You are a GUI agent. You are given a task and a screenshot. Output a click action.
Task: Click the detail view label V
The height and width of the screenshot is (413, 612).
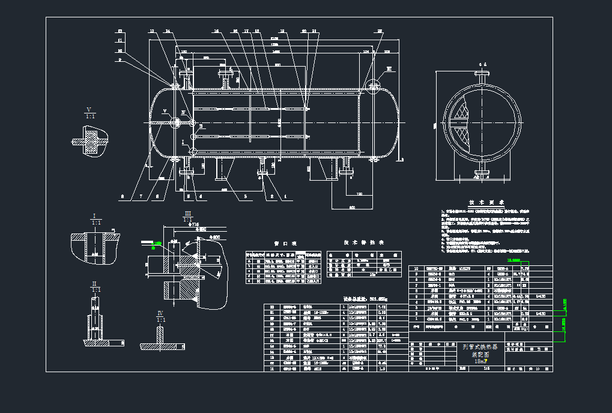click(89, 109)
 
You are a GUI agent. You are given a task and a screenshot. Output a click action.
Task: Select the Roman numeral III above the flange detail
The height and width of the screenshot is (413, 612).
click(188, 214)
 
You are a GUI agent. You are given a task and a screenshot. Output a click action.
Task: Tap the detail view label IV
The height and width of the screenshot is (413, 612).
click(160, 313)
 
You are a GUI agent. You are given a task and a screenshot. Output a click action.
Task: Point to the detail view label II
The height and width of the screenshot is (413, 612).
click(94, 283)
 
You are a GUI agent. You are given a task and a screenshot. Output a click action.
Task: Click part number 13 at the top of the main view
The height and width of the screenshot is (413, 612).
click(152, 31)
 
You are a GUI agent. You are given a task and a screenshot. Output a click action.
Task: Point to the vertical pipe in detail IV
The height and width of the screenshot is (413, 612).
click(160, 334)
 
